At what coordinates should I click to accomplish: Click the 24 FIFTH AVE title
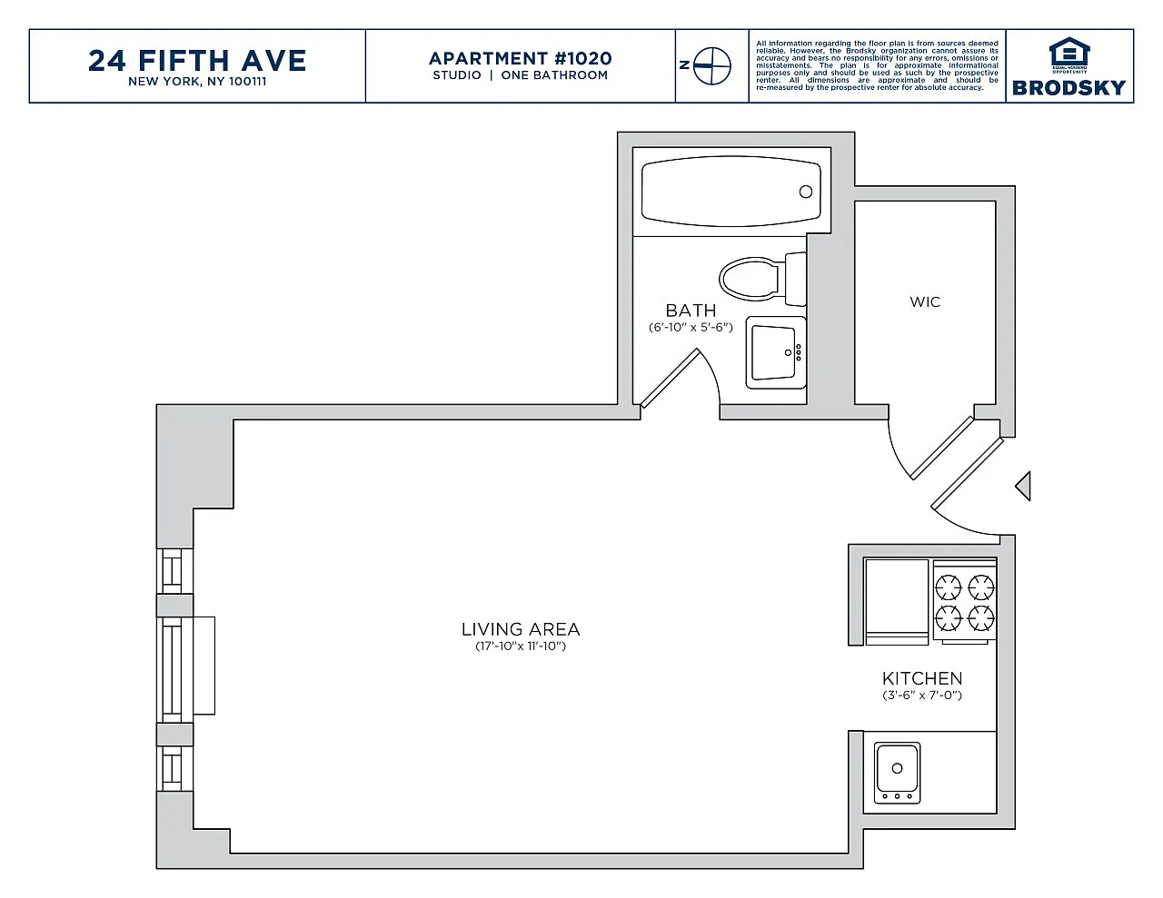[x=197, y=61]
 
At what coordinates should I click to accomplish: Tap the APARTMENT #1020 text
[x=521, y=58]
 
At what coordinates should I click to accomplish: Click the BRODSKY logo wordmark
[x=1069, y=88]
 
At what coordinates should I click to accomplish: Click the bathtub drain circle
[x=806, y=192]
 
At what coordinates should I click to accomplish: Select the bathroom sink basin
[x=773, y=352]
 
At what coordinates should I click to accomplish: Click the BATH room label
[x=691, y=311]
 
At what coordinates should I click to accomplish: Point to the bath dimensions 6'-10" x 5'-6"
[x=691, y=327]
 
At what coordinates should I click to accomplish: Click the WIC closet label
[x=925, y=302]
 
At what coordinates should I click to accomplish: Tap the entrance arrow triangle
[x=1023, y=486]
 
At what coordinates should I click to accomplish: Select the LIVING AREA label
[x=521, y=629]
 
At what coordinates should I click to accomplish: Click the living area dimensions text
[x=521, y=646]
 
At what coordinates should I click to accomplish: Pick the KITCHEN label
[x=922, y=678]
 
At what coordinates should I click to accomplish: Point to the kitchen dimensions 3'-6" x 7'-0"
[x=922, y=696]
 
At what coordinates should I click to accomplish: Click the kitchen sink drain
[x=897, y=768]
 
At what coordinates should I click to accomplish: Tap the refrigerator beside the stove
[x=897, y=602]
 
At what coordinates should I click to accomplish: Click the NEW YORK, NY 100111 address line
[x=197, y=82]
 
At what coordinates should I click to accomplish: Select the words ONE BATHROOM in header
[x=554, y=75]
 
